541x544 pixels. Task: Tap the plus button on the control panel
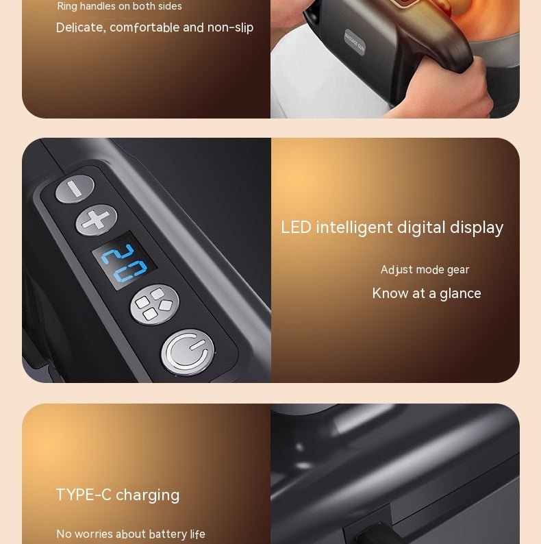[97, 220]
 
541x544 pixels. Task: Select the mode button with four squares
[154, 304]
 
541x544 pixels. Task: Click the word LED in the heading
[296, 227]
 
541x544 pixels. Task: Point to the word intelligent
[354, 227]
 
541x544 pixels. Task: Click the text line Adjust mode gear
[425, 270]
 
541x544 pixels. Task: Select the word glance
[460, 294]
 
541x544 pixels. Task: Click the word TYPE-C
[84, 495]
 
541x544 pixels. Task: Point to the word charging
[148, 495]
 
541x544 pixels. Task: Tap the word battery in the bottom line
[168, 534]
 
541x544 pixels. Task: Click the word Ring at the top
[67, 6]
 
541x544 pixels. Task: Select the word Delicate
[79, 27]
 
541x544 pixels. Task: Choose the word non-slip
[230, 27]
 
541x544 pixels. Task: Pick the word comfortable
[144, 27]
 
